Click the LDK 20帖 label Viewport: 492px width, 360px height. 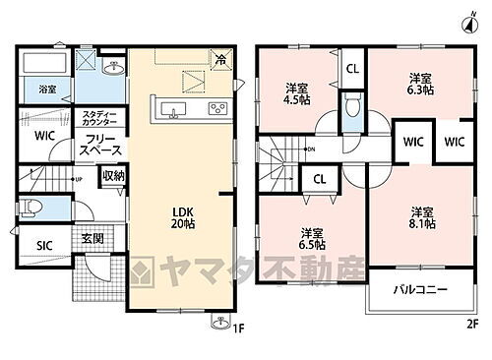point(183,215)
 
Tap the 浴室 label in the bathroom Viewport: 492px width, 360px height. point(47,89)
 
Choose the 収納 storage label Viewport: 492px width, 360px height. point(112,176)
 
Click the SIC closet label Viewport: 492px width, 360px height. point(45,245)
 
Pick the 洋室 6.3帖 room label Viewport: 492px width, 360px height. point(421,82)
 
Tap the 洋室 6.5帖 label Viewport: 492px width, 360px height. point(313,238)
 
